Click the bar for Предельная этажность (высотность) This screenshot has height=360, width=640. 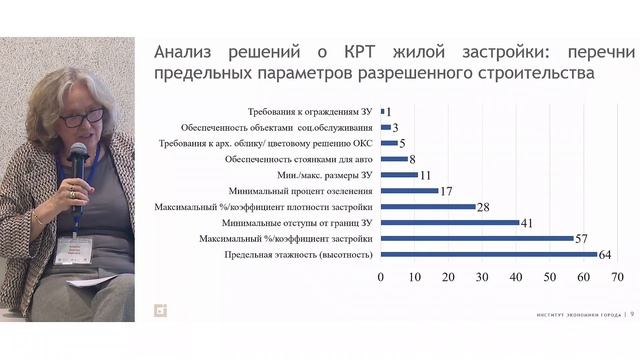pyautogui.click(x=489, y=255)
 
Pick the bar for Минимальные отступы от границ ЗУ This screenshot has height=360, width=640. pyautogui.click(x=450, y=223)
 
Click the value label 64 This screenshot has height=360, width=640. pyautogui.click(x=606, y=255)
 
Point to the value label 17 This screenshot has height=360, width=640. pyautogui.click(x=447, y=191)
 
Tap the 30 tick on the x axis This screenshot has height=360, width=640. pyautogui.click(x=482, y=276)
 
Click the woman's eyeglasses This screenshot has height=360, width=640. pyautogui.click(x=80, y=118)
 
